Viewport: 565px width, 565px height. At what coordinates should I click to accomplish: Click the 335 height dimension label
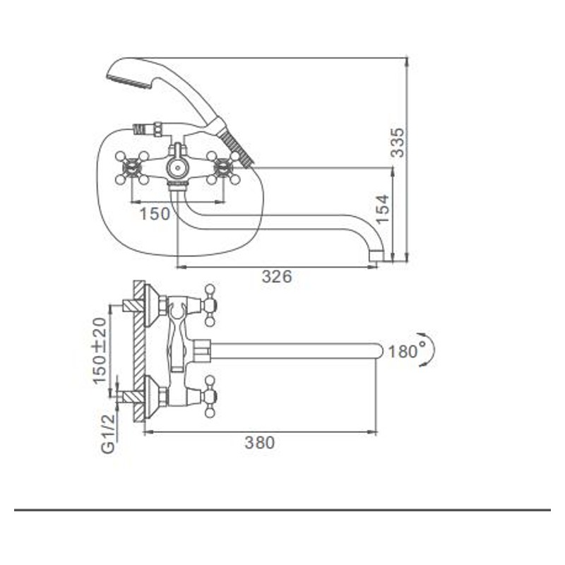click(x=398, y=143)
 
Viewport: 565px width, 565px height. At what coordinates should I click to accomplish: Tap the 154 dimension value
click(x=382, y=209)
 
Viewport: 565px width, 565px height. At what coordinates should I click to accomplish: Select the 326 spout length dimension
click(x=277, y=277)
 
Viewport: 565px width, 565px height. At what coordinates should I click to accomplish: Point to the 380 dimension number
click(x=260, y=443)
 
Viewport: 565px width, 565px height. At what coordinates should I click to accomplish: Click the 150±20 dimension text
click(x=100, y=350)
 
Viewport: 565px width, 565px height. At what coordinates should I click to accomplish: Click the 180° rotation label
click(x=406, y=350)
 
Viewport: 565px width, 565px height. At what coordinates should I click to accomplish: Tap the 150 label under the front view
click(x=155, y=214)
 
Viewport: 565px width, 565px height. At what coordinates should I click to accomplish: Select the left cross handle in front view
click(x=132, y=168)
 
